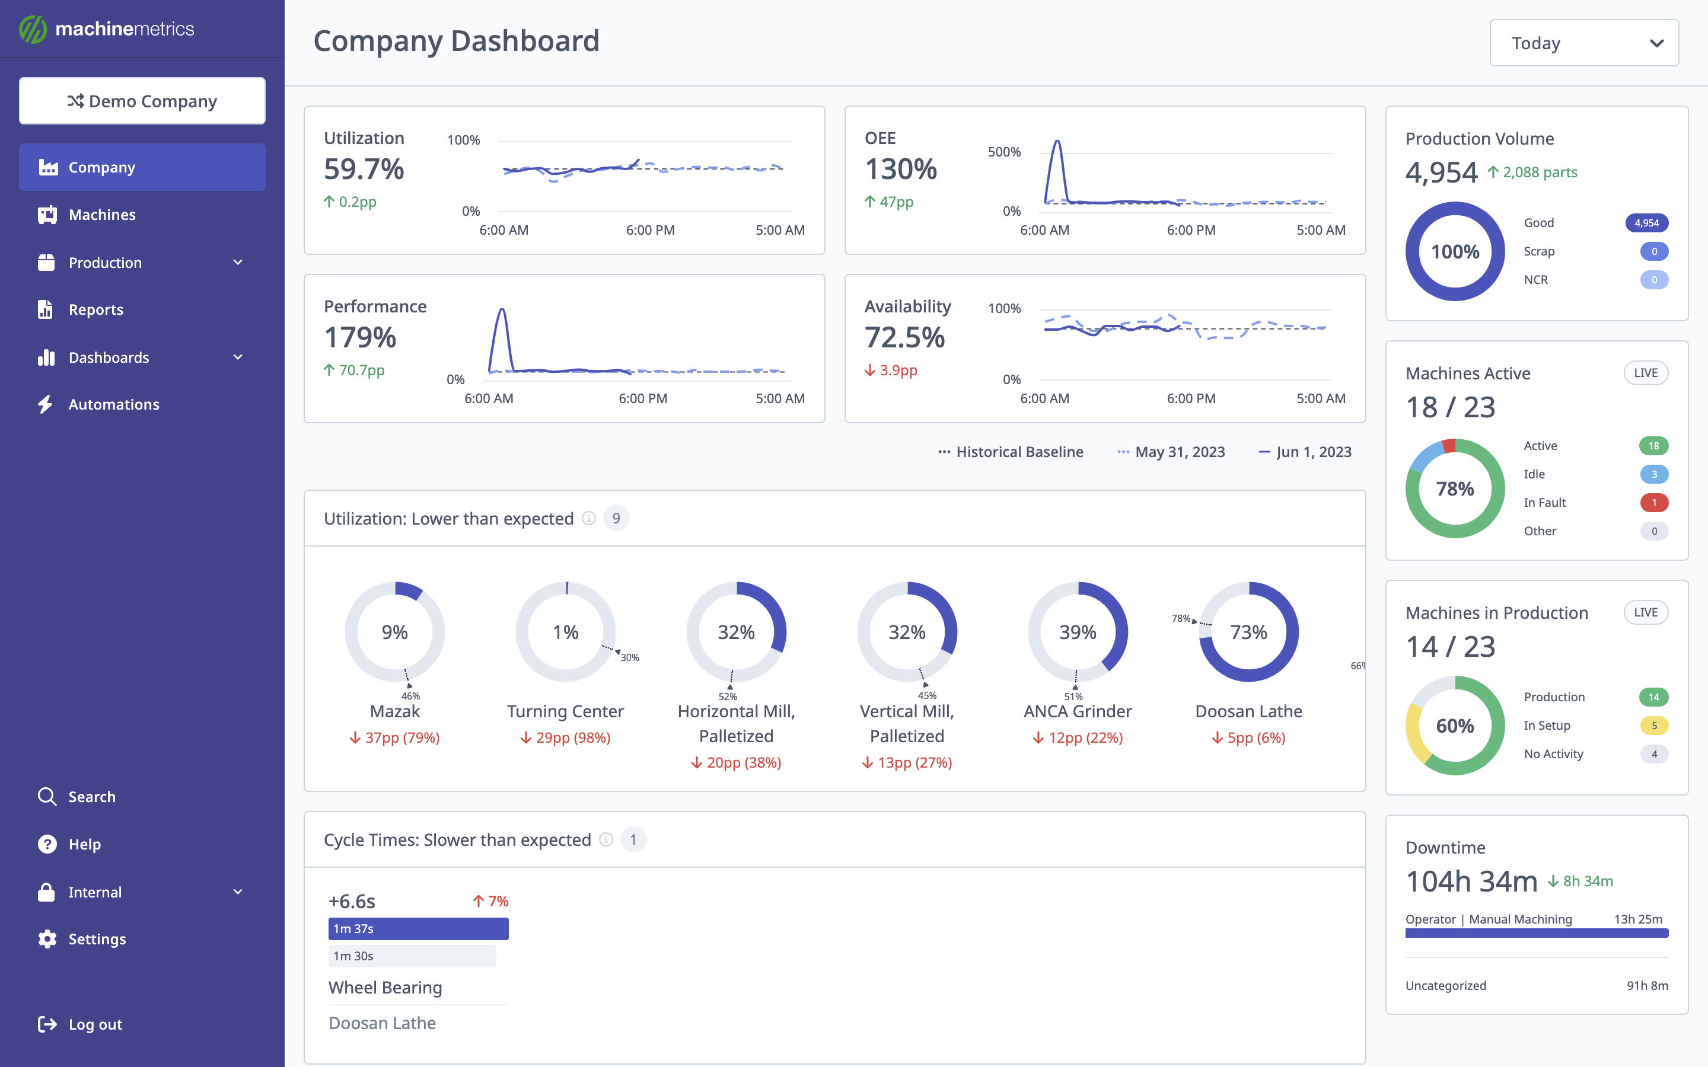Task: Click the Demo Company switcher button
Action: pyautogui.click(x=142, y=101)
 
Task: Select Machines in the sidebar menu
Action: pyautogui.click(x=103, y=215)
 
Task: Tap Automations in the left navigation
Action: pyautogui.click(x=114, y=404)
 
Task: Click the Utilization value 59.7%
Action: pyautogui.click(x=364, y=170)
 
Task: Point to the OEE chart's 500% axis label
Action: pyautogui.click(x=1003, y=152)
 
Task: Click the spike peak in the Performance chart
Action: pyautogui.click(x=502, y=310)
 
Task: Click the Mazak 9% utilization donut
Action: pyautogui.click(x=394, y=631)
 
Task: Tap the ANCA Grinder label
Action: pyautogui.click(x=1077, y=711)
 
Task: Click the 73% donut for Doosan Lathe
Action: pyautogui.click(x=1248, y=631)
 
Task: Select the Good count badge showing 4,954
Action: pyautogui.click(x=1646, y=223)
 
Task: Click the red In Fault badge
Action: pyautogui.click(x=1653, y=503)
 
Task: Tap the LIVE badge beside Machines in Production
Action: pyautogui.click(x=1645, y=612)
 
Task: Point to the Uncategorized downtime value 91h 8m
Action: pyautogui.click(x=1646, y=985)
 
